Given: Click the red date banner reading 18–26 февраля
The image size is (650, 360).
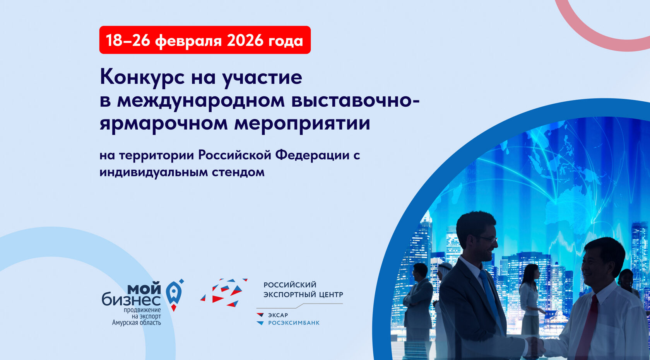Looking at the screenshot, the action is [x=205, y=40].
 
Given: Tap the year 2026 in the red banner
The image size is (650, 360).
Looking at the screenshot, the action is [x=245, y=40].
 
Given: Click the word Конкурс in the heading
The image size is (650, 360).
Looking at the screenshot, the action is [x=142, y=77].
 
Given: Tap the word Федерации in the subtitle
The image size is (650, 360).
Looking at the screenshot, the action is [x=312, y=155].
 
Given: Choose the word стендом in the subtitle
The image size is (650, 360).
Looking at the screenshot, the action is [x=238, y=172].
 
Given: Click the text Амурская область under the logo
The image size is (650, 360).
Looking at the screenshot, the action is [x=136, y=322].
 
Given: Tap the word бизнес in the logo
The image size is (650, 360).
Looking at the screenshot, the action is [x=131, y=300].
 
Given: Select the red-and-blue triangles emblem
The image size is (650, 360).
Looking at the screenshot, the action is [x=224, y=292].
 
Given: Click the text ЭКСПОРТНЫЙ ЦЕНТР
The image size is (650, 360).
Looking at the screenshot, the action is [x=303, y=294].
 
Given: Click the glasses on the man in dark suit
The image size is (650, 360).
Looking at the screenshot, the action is [x=487, y=239].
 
